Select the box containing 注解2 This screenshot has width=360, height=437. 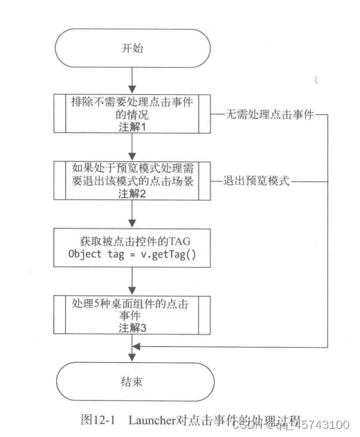pyautogui.click(x=131, y=178)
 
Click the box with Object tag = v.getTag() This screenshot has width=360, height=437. pyautogui.click(x=131, y=245)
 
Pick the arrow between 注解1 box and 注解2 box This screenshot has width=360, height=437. pyautogui.click(x=131, y=145)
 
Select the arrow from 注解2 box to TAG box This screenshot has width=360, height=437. pyautogui.click(x=131, y=213)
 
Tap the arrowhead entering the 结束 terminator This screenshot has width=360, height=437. pyautogui.click(x=131, y=355)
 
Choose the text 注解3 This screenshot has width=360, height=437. pyautogui.click(x=131, y=328)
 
